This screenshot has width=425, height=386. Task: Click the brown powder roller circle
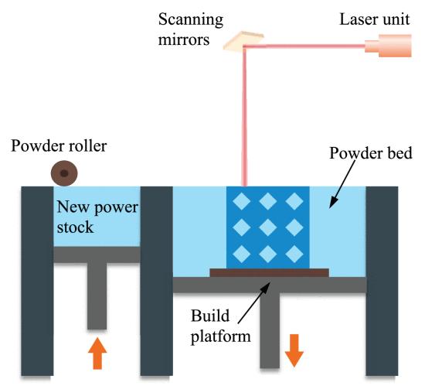coord(64,173)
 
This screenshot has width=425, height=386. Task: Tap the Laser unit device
coord(388,46)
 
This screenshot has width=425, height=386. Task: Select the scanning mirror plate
coord(243,41)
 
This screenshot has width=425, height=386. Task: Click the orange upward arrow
coord(97,354)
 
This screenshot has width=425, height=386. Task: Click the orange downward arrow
coord(294,350)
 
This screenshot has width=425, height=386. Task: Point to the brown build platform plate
coord(270,272)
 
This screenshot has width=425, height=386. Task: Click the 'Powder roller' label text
coord(59,146)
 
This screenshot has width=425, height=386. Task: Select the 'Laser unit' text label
coord(374,19)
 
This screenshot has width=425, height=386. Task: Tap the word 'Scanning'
coord(191,21)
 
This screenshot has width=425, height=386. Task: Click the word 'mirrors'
coord(184,39)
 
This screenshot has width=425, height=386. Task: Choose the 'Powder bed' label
coord(370,153)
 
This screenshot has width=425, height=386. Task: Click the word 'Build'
coord(210,316)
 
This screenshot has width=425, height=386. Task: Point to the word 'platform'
coord(221,336)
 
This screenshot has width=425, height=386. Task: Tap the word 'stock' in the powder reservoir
coord(75,227)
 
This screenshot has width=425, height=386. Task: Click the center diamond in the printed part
coord(268,227)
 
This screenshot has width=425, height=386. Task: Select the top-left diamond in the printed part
coord(242,201)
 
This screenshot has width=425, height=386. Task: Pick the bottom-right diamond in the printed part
coord(294,254)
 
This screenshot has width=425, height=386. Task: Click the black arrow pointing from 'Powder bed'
coord(342,184)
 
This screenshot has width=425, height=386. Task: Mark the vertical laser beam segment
coord(244,117)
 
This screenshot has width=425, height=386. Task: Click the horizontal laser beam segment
coord(304,46)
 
